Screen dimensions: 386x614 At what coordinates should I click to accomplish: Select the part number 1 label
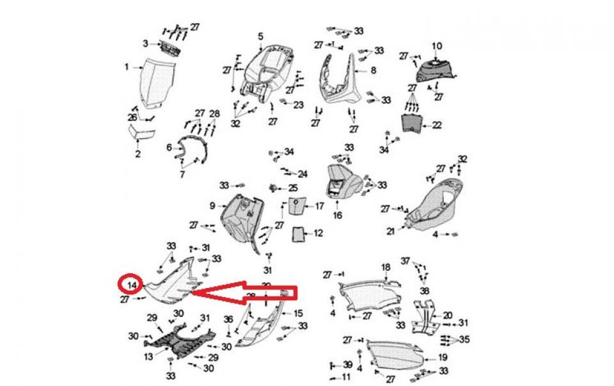[127, 67]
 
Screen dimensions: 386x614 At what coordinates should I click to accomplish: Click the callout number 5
[260, 36]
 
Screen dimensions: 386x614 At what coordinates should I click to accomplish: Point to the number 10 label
[437, 46]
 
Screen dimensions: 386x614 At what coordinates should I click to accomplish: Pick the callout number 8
[373, 70]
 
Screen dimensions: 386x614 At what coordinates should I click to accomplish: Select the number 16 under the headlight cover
[337, 216]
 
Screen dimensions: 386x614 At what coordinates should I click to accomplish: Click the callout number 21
[390, 232]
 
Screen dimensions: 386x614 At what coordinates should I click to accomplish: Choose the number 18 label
[386, 267]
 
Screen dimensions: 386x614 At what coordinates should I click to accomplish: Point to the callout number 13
[148, 357]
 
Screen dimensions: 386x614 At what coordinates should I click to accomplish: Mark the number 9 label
[212, 205]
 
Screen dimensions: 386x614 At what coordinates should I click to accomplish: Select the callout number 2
[138, 154]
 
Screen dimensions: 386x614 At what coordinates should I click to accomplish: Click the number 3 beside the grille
[146, 44]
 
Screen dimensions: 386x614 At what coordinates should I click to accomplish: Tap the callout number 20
[447, 315]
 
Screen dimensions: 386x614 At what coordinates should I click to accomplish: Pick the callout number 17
[319, 206]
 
